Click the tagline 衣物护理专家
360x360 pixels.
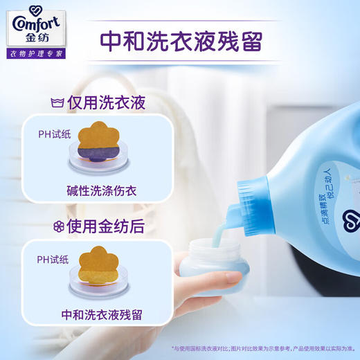tap(36, 53)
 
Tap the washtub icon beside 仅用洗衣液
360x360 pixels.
tap(60, 104)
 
